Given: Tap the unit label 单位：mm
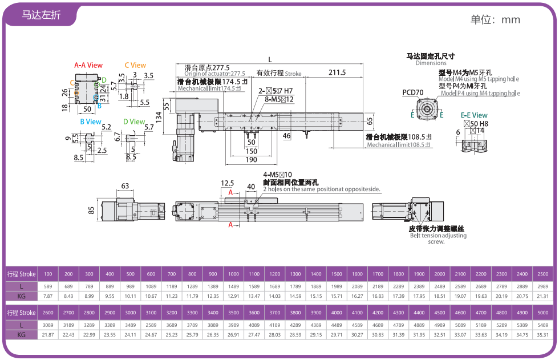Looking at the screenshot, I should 495,19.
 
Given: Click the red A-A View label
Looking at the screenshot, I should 88,65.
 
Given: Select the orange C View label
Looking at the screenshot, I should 135,65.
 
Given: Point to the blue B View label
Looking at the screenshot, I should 91,122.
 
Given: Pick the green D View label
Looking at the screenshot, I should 134,122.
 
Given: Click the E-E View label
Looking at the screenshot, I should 474,115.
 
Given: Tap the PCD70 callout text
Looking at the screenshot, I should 413,92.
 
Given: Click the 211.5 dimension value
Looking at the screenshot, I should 337,72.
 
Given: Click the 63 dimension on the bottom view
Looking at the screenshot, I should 124,185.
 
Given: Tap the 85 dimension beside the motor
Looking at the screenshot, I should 92,211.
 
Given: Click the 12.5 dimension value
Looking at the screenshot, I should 227,183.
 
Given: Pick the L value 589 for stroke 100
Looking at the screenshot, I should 48,285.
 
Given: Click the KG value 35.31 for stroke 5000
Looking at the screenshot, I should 543,334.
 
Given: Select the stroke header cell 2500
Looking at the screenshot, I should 543,274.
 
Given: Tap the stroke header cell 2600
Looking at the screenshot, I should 48,313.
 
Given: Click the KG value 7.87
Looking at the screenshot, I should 48,296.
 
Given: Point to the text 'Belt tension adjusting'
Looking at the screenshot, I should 438,236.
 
